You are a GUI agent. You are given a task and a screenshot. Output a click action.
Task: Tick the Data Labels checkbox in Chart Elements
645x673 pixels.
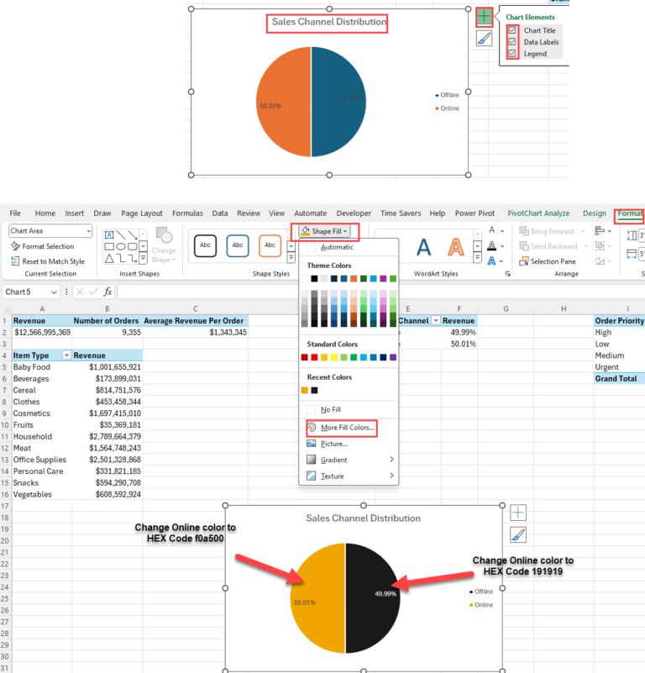coord(512,42)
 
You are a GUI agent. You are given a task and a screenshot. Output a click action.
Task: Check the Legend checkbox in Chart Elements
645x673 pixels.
coord(512,54)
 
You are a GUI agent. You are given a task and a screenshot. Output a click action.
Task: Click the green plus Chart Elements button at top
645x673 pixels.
coord(484,16)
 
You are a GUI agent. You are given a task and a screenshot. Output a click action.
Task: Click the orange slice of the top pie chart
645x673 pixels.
coord(283,101)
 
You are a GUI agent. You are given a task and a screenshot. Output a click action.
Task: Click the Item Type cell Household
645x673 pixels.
coord(33,437)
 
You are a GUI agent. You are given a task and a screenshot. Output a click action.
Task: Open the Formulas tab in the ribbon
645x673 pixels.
coord(187,213)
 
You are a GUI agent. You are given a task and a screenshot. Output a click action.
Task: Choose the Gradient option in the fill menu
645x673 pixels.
coord(333,460)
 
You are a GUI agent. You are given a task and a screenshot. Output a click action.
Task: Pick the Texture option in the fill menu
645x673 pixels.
coord(332,476)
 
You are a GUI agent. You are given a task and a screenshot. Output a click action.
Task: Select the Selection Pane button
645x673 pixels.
coord(553,261)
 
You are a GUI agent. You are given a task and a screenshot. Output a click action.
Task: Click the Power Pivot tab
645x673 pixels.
coord(475,213)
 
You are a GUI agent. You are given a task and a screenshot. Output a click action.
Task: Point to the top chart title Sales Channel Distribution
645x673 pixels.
coord(328,23)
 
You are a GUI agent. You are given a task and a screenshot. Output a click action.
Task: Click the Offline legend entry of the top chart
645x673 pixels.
coord(449,96)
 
